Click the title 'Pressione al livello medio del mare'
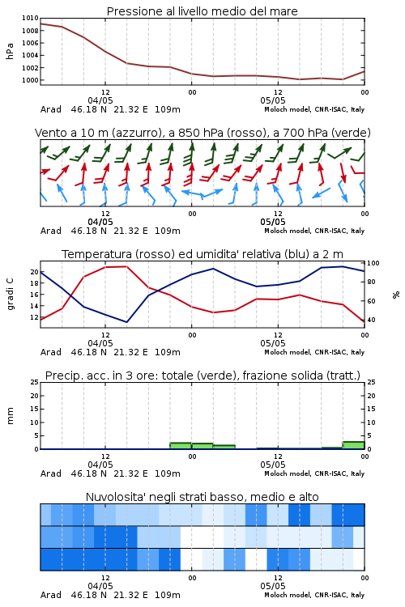[202, 11]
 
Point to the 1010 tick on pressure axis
[30, 18]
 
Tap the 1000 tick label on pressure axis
[30, 80]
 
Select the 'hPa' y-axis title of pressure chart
[10, 51]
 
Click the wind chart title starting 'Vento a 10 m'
[202, 133]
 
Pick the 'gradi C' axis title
[10, 294]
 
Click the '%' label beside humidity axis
[396, 295]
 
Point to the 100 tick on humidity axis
[373, 263]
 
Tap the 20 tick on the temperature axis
[34, 272]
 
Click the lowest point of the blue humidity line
[126, 322]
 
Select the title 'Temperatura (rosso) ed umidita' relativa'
[202, 254]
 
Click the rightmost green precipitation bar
[353, 445]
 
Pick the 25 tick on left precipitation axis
[34, 382]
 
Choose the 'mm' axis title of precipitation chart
[10, 416]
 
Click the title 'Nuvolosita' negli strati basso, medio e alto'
[202, 497]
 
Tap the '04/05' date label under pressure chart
[100, 100]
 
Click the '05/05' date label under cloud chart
[273, 586]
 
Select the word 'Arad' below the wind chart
[51, 231]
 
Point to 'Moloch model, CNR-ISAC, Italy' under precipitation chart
[314, 473]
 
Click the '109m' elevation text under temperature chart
[168, 352]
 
